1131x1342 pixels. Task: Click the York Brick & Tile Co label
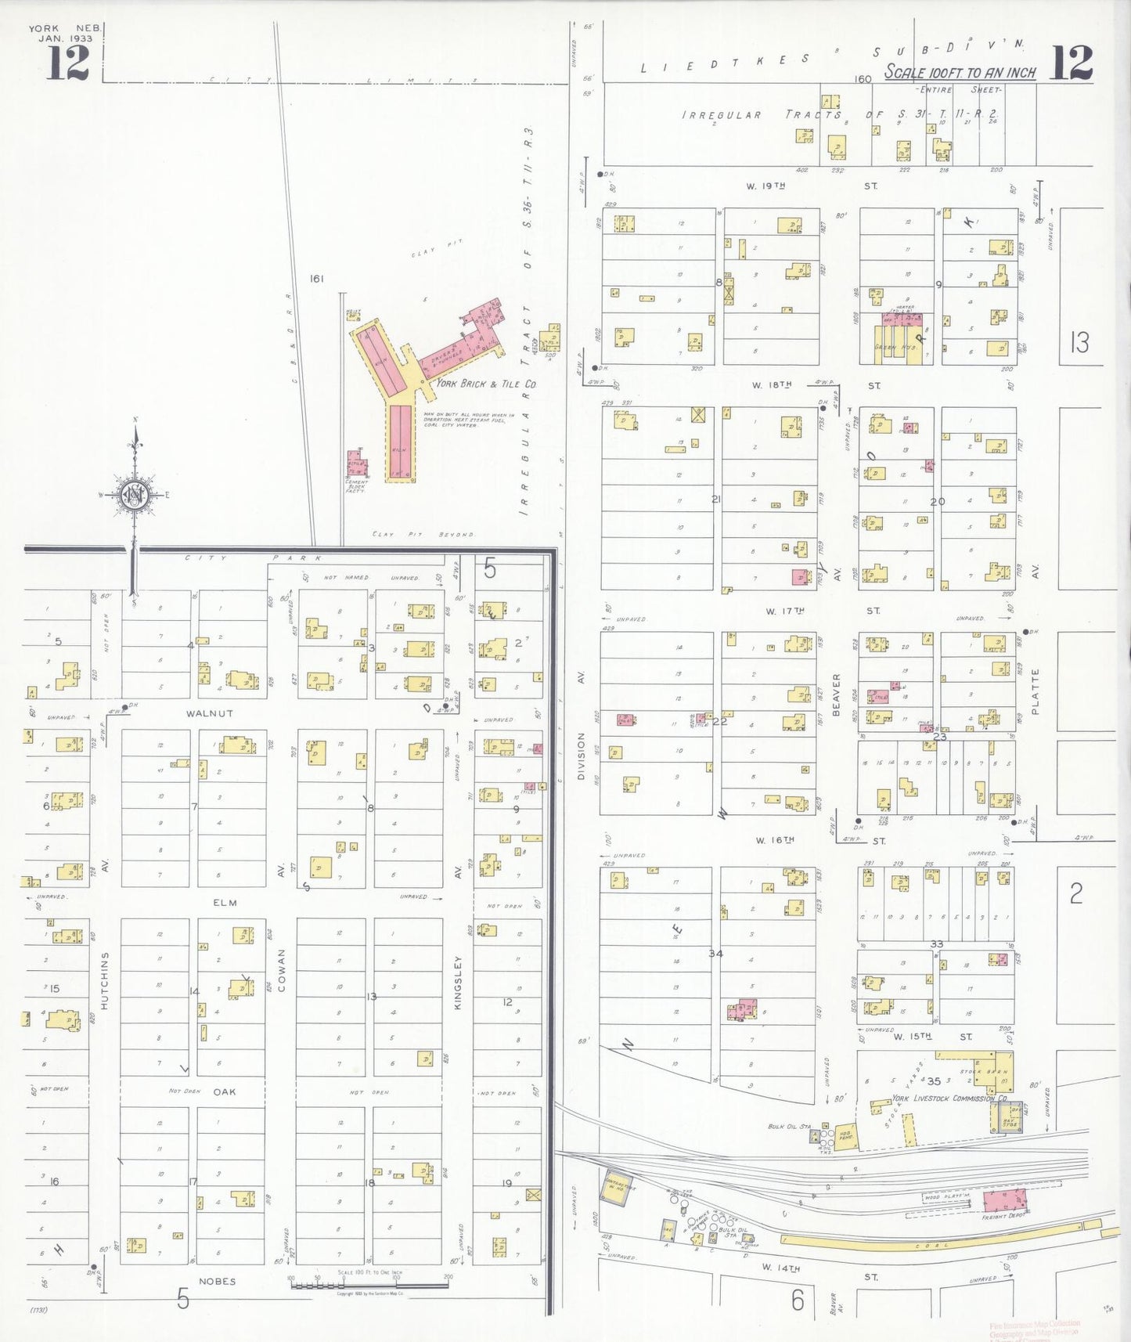(x=485, y=384)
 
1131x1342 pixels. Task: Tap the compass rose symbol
(x=135, y=495)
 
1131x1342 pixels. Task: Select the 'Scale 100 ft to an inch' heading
(x=960, y=72)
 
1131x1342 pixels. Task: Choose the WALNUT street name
(x=210, y=713)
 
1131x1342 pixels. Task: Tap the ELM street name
(x=225, y=903)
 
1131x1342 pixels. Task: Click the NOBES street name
(x=217, y=1282)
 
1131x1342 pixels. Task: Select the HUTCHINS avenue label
(x=105, y=980)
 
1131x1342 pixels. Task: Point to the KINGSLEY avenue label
(x=458, y=982)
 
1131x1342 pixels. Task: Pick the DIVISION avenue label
(x=581, y=755)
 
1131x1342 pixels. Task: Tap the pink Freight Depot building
(x=1004, y=1202)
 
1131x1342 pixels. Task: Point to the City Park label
(x=254, y=558)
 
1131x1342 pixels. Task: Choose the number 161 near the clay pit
(x=316, y=279)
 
